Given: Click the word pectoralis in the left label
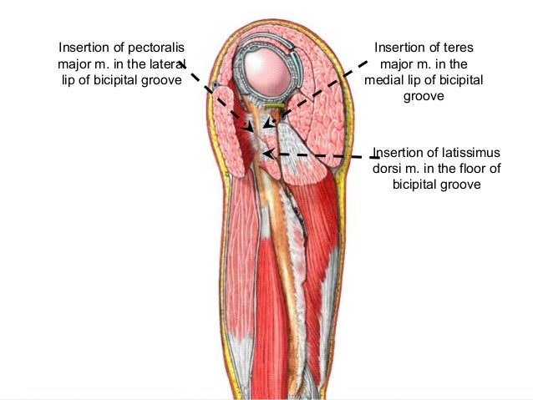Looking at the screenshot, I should point(155,47).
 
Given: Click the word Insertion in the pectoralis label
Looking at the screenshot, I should point(85,47).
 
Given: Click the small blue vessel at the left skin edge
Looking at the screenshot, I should point(216,85).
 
